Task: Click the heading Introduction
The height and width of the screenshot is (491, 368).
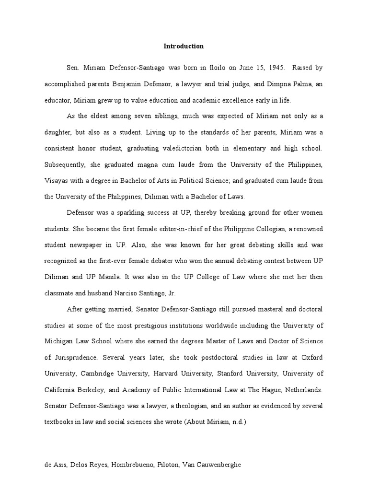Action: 184,47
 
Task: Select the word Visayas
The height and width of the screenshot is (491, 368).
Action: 56,180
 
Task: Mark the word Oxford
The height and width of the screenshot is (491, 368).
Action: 311,357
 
